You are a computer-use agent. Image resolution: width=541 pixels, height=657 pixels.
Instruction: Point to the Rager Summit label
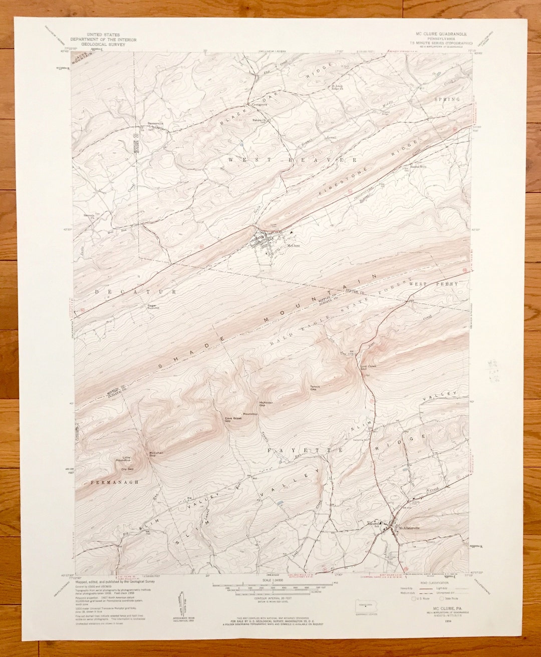152,307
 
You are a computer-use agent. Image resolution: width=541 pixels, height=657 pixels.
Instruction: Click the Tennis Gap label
315,387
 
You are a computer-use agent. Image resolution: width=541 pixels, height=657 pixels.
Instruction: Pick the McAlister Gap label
265,404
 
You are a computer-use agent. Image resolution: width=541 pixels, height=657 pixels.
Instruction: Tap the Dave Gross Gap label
233,420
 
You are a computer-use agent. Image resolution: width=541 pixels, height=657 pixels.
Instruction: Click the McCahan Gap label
156,454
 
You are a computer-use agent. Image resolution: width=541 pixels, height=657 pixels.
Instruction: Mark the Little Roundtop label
123,458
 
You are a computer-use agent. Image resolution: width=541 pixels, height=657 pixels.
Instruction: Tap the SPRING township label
447,99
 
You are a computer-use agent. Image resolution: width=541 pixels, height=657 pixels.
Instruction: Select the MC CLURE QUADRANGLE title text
439,34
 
